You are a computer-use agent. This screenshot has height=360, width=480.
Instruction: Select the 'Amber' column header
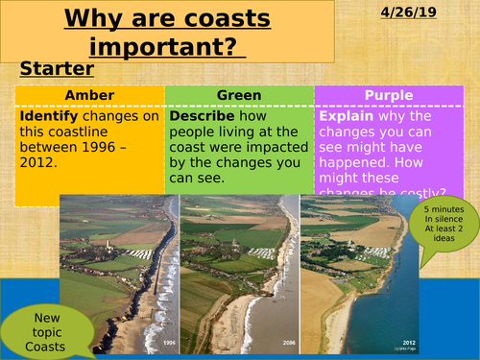point(89,94)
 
